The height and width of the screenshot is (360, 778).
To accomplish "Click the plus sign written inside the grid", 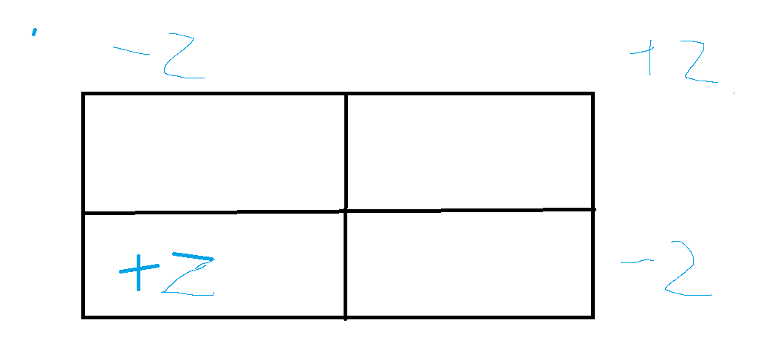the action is (x=138, y=270).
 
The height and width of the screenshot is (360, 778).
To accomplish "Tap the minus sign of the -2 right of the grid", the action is (x=635, y=261).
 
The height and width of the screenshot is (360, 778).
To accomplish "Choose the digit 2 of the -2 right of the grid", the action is (x=688, y=271).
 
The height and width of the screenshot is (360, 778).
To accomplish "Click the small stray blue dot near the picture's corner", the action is (x=34, y=32).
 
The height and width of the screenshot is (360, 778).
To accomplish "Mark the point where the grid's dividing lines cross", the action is (x=346, y=211).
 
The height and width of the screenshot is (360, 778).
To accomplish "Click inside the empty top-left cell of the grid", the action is (x=214, y=153).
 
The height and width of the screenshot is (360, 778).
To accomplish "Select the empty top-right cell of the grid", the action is (x=469, y=152).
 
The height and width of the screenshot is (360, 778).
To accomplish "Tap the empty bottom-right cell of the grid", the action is (x=469, y=264).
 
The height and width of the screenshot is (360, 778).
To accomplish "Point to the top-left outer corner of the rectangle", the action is (x=83, y=93).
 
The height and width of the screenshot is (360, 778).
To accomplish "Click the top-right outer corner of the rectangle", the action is (x=593, y=93).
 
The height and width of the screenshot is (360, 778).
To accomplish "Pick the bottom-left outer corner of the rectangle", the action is (x=83, y=317).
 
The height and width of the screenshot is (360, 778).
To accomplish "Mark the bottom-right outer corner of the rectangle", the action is (x=593, y=317).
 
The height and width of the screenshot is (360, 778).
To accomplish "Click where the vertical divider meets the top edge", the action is (x=346, y=93).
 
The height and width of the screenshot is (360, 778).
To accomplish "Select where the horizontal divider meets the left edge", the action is (x=83, y=213).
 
